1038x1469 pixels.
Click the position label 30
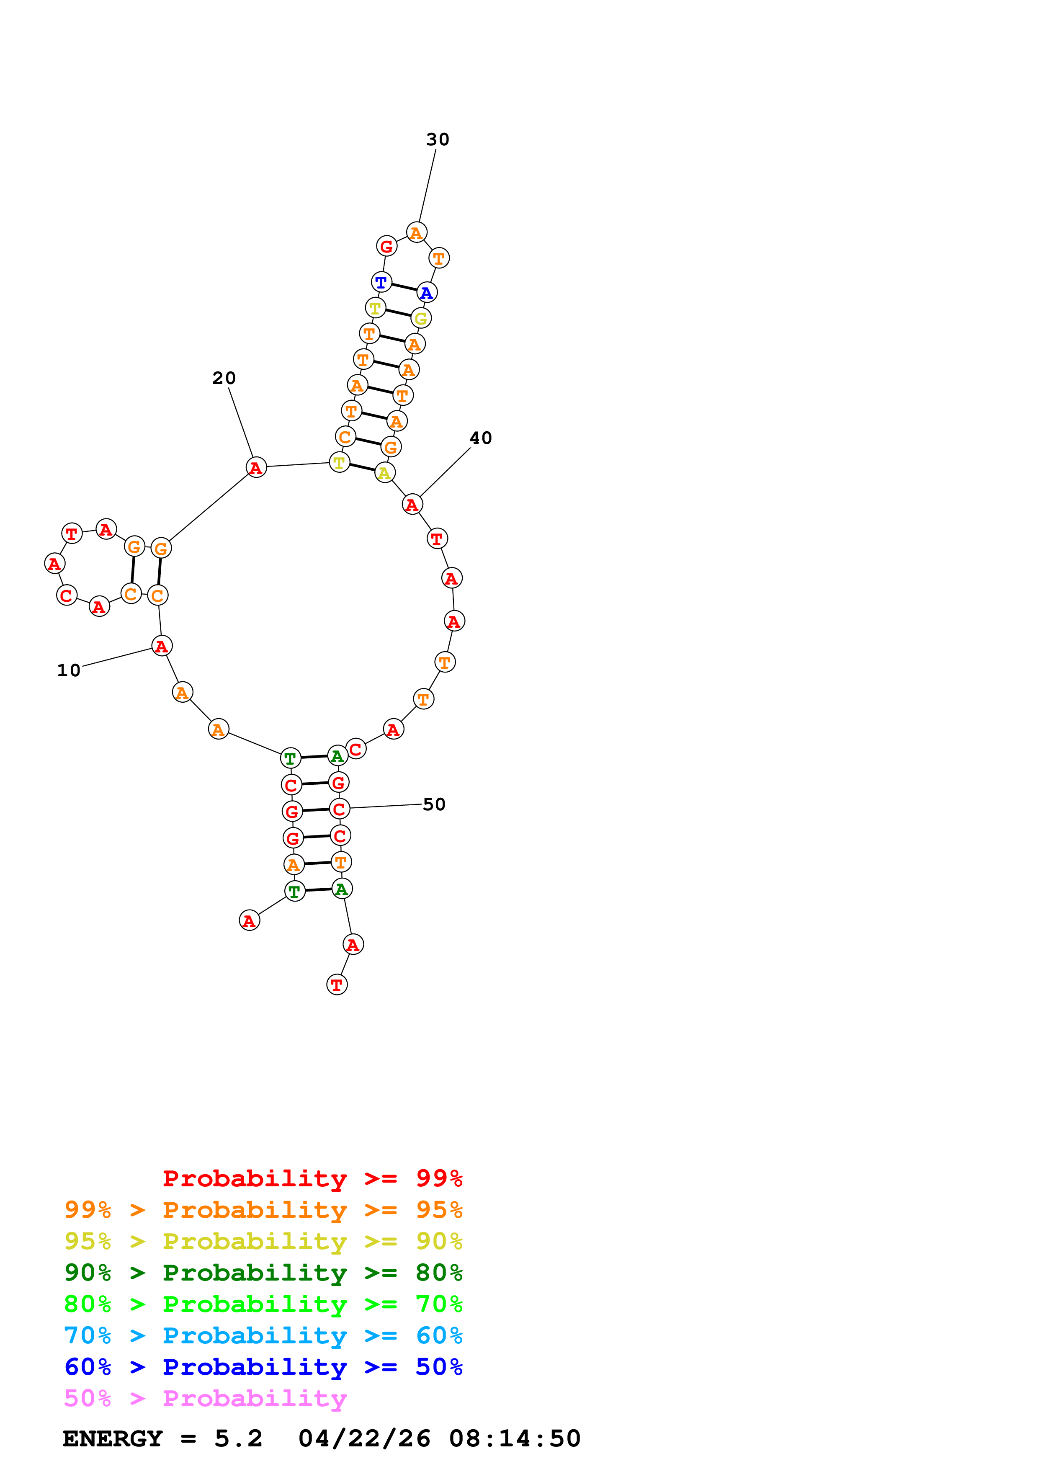coord(438,139)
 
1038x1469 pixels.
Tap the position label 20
coord(224,378)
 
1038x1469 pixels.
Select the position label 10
coord(69,670)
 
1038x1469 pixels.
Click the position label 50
coord(434,804)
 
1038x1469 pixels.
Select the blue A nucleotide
coord(427,293)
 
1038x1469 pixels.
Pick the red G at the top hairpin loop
coord(386,246)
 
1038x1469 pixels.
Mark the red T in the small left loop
coord(72,533)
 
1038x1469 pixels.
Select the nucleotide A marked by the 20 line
coord(256,468)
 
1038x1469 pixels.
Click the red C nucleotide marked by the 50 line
coord(340,809)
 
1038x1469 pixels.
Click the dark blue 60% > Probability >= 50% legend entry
coord(263,1367)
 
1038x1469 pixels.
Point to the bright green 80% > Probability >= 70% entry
coord(263,1304)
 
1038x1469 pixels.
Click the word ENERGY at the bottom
coord(113,1438)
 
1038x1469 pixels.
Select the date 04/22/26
coord(364,1438)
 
